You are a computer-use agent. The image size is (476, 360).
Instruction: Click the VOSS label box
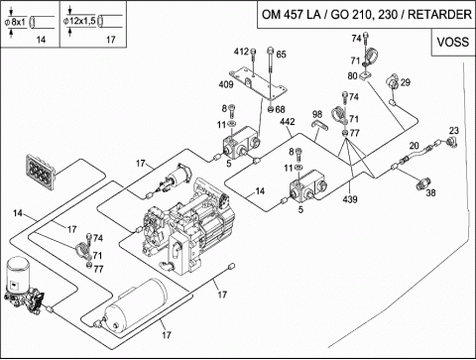point(453,42)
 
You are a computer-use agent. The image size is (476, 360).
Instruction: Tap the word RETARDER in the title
point(439,15)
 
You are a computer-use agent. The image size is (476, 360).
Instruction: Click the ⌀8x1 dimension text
point(15,23)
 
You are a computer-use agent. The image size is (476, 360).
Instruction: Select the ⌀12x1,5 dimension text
point(79,21)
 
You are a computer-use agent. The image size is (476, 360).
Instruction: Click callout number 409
point(226,84)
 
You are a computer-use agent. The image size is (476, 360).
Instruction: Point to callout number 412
point(241,52)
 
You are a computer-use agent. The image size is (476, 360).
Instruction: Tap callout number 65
point(281,55)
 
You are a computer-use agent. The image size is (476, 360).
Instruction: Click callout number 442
point(288,122)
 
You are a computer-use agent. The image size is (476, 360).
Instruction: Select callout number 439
point(350,199)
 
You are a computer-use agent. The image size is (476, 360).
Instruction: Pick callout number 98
point(317,114)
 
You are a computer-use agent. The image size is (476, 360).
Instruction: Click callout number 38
point(430,192)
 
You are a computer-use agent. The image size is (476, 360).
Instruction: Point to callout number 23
point(454,131)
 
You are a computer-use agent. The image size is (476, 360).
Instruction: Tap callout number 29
point(406,82)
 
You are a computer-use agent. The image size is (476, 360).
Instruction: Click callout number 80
point(352,75)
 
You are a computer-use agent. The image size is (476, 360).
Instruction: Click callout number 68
point(280,109)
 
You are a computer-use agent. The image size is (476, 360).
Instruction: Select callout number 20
point(415,146)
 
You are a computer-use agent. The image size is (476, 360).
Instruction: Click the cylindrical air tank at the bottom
point(136,304)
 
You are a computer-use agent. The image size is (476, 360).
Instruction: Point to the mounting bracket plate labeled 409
point(258,84)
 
